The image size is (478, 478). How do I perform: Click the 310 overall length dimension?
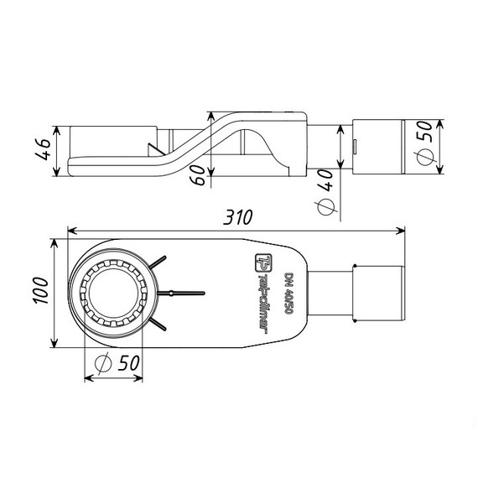point(238,217)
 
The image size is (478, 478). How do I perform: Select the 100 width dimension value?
point(41,290)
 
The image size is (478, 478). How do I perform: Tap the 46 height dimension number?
point(43,149)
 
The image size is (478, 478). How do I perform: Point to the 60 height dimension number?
point(199,174)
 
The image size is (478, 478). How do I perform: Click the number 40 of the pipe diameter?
point(325,180)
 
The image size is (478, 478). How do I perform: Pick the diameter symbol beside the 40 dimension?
point(326,206)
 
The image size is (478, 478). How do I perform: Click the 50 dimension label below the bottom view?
point(129,363)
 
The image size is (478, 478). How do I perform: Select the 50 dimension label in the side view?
point(424,131)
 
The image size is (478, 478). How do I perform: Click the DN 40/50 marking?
point(288,294)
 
